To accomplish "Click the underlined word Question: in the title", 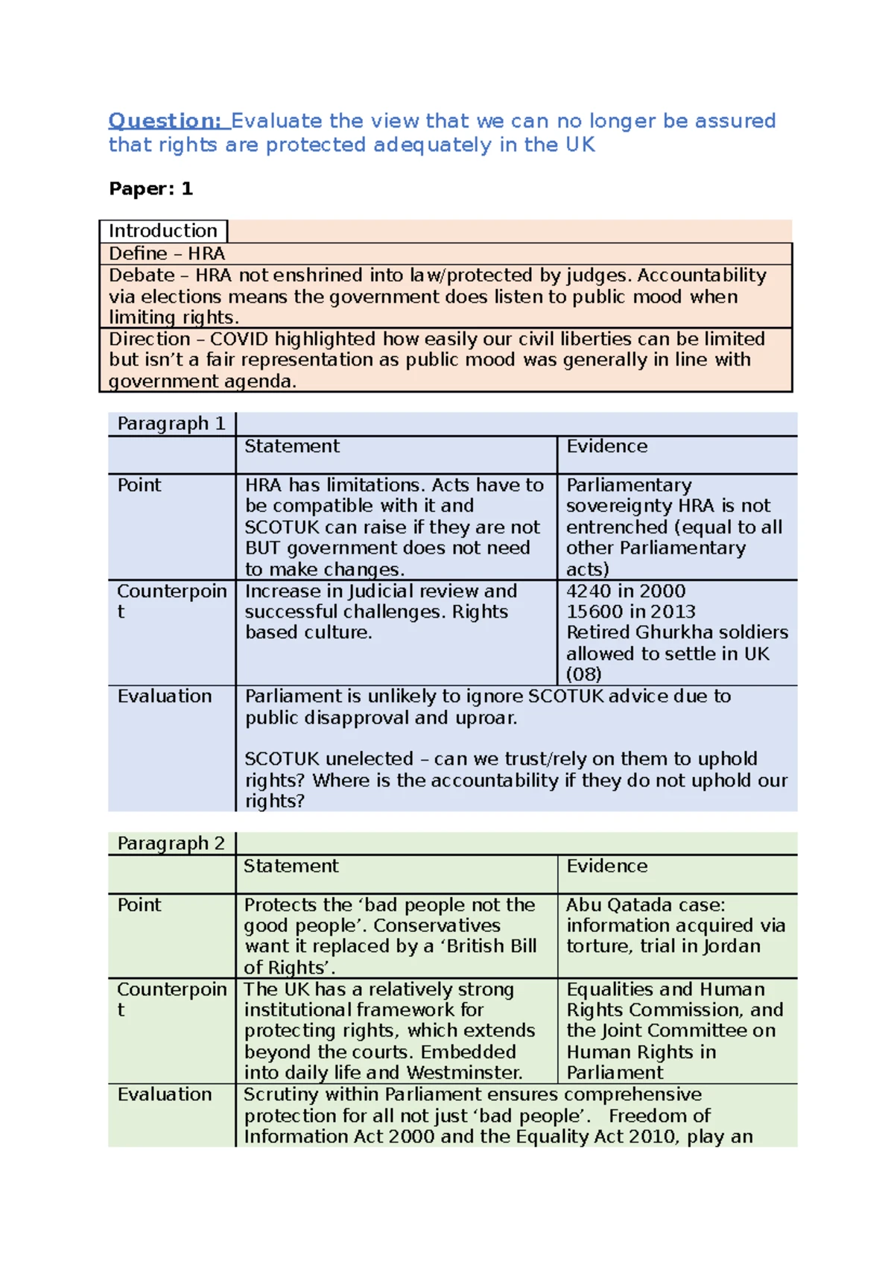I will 165,121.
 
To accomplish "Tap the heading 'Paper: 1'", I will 150,188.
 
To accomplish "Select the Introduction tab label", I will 163,231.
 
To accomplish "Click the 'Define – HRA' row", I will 167,253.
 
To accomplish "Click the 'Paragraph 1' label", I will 171,424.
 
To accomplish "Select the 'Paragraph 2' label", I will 171,843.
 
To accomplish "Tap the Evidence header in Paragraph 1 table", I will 606,446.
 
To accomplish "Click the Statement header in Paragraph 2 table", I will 291,866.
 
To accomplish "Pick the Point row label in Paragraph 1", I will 139,485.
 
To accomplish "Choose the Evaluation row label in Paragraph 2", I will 165,1094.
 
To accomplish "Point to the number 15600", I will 593,612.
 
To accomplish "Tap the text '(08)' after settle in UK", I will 583,674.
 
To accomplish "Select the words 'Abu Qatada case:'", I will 645,905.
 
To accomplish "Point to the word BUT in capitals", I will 263,548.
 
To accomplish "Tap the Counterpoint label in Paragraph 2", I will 171,989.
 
